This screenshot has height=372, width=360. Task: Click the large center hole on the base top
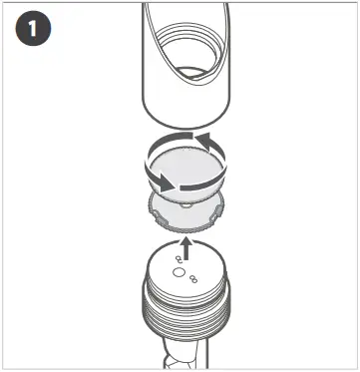pos(179,271)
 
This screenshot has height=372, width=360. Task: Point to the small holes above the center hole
pos(179,256)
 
